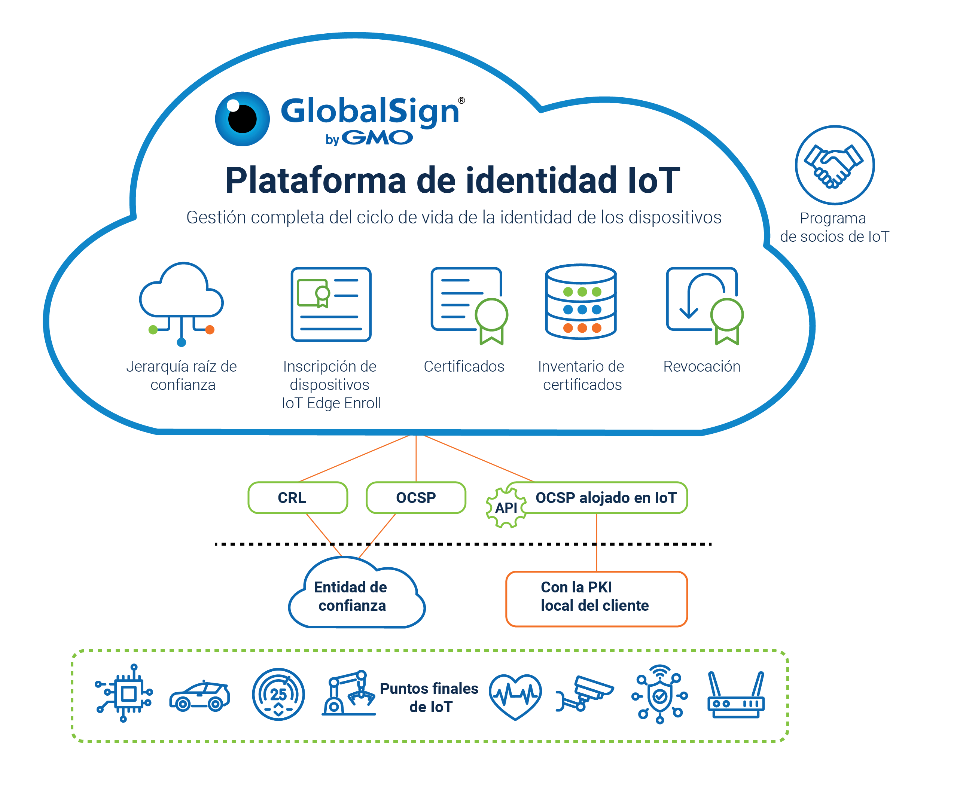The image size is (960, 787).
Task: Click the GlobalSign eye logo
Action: pyautogui.click(x=242, y=119)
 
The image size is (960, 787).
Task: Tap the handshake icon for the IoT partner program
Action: pyautogui.click(x=834, y=165)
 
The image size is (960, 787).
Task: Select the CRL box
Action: pyautogui.click(x=298, y=497)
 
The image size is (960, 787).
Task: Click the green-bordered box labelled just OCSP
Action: pyautogui.click(x=415, y=497)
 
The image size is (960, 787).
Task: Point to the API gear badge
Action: pyautogui.click(x=505, y=507)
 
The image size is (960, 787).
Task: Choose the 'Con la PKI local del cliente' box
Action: pyautogui.click(x=596, y=598)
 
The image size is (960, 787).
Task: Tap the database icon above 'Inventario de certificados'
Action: pyautogui.click(x=580, y=302)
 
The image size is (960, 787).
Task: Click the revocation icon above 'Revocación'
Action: pyautogui.click(x=703, y=304)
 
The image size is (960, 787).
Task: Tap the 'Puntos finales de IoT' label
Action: pyautogui.click(x=429, y=697)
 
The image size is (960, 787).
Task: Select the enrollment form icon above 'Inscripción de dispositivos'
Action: pyautogui.click(x=330, y=304)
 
